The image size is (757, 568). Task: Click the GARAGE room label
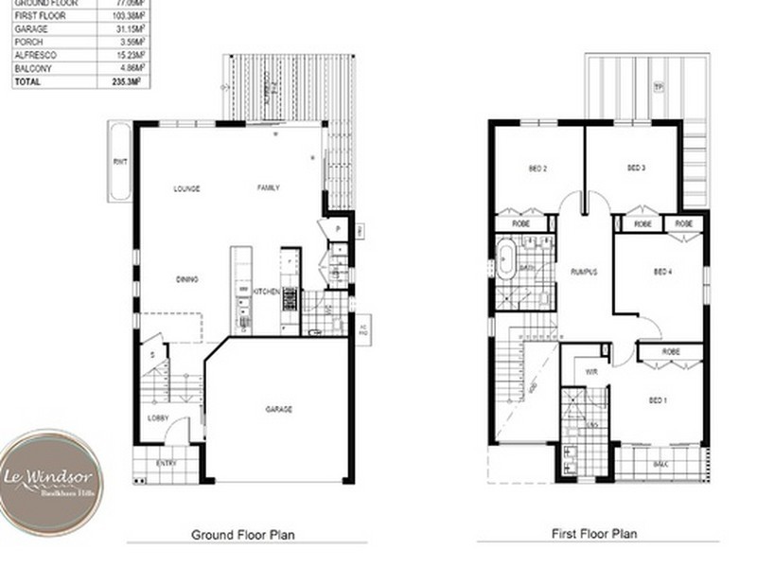pos(278,409)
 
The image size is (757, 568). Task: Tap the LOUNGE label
pos(186,188)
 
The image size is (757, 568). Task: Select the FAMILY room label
pos(269,188)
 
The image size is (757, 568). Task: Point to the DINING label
pos(186,279)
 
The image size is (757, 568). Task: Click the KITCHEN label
pos(266,293)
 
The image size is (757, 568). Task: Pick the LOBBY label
pos(158,417)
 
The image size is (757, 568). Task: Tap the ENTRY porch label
pos(167,463)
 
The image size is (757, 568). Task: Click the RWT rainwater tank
pos(119,161)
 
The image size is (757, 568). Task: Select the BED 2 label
pos(537,169)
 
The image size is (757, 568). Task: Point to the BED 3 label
pos(636,169)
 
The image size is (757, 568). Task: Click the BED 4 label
pos(662,272)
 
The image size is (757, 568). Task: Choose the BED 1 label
pos(659,400)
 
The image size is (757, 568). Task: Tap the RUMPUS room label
pos(583,272)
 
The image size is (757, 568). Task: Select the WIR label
pos(590,371)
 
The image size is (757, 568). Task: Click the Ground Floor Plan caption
pos(243,535)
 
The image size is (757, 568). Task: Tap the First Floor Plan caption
pos(593,534)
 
